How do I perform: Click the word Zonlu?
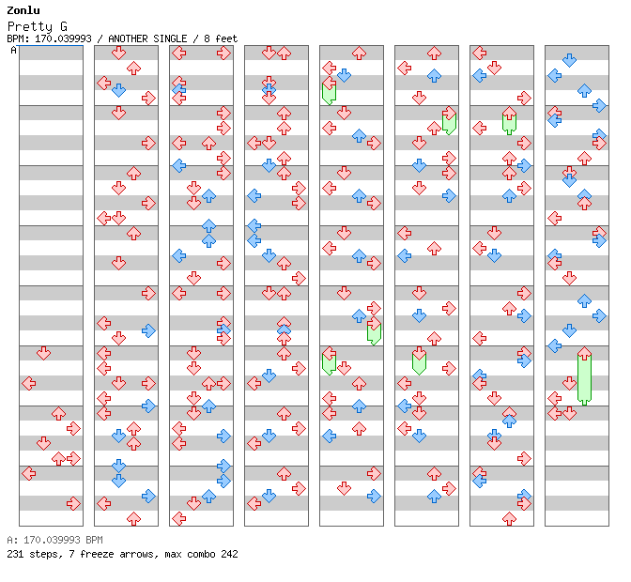(23, 10)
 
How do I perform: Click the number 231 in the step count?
(14, 554)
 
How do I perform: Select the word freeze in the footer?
(86, 554)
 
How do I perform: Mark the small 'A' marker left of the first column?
(14, 50)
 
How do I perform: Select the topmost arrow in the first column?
(43, 353)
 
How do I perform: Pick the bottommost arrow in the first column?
(73, 503)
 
